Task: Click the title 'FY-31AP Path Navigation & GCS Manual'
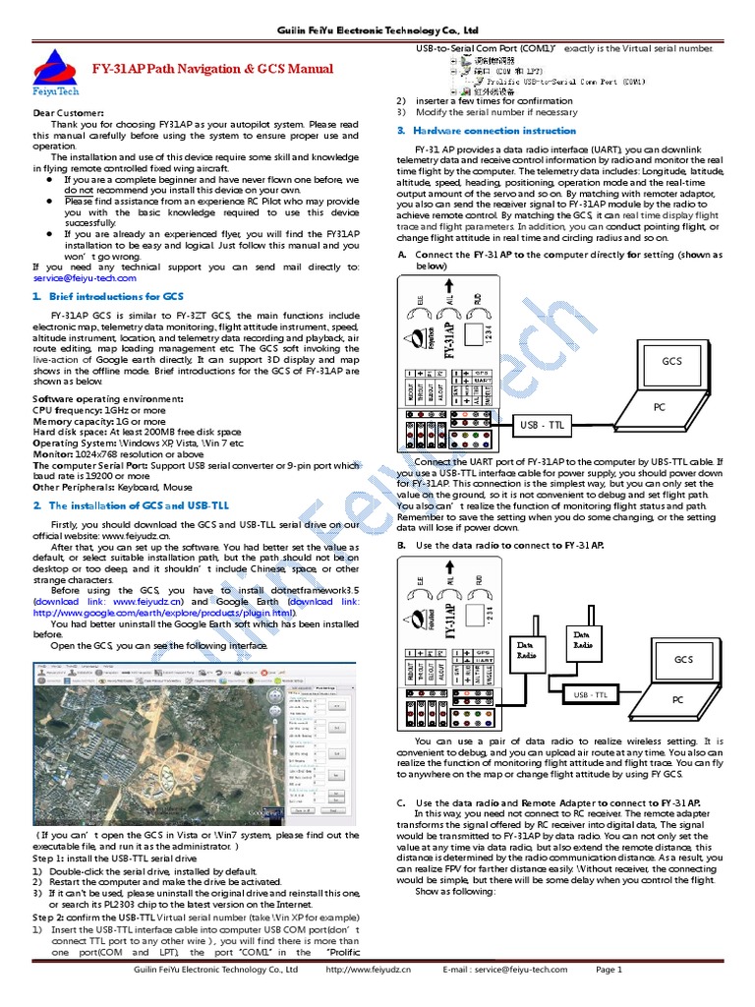(212, 69)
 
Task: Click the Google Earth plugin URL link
(163, 612)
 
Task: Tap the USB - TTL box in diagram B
(590, 695)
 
